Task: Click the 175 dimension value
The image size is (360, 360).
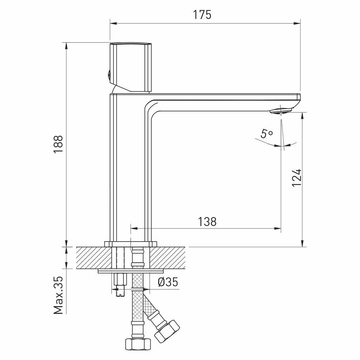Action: pos(202,15)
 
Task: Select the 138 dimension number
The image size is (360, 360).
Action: pos(207,221)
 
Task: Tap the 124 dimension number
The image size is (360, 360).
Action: pos(297,178)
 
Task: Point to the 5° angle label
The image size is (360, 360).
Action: pos(266,134)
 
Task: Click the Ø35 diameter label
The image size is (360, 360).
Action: pos(168,282)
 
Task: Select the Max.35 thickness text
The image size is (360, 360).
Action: pos(59,295)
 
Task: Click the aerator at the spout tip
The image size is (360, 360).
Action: pos(281,111)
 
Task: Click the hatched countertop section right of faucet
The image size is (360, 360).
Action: pos(168,258)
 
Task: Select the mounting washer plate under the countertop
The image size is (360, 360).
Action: pos(131,271)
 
